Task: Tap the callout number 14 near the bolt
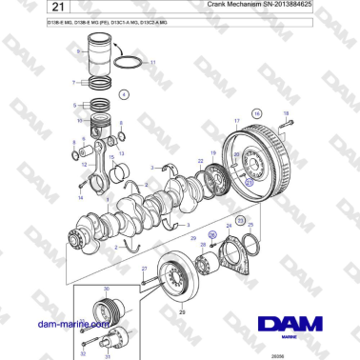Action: coord(80,197)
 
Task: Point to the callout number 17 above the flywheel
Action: coord(237,121)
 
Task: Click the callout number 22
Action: coord(200,163)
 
